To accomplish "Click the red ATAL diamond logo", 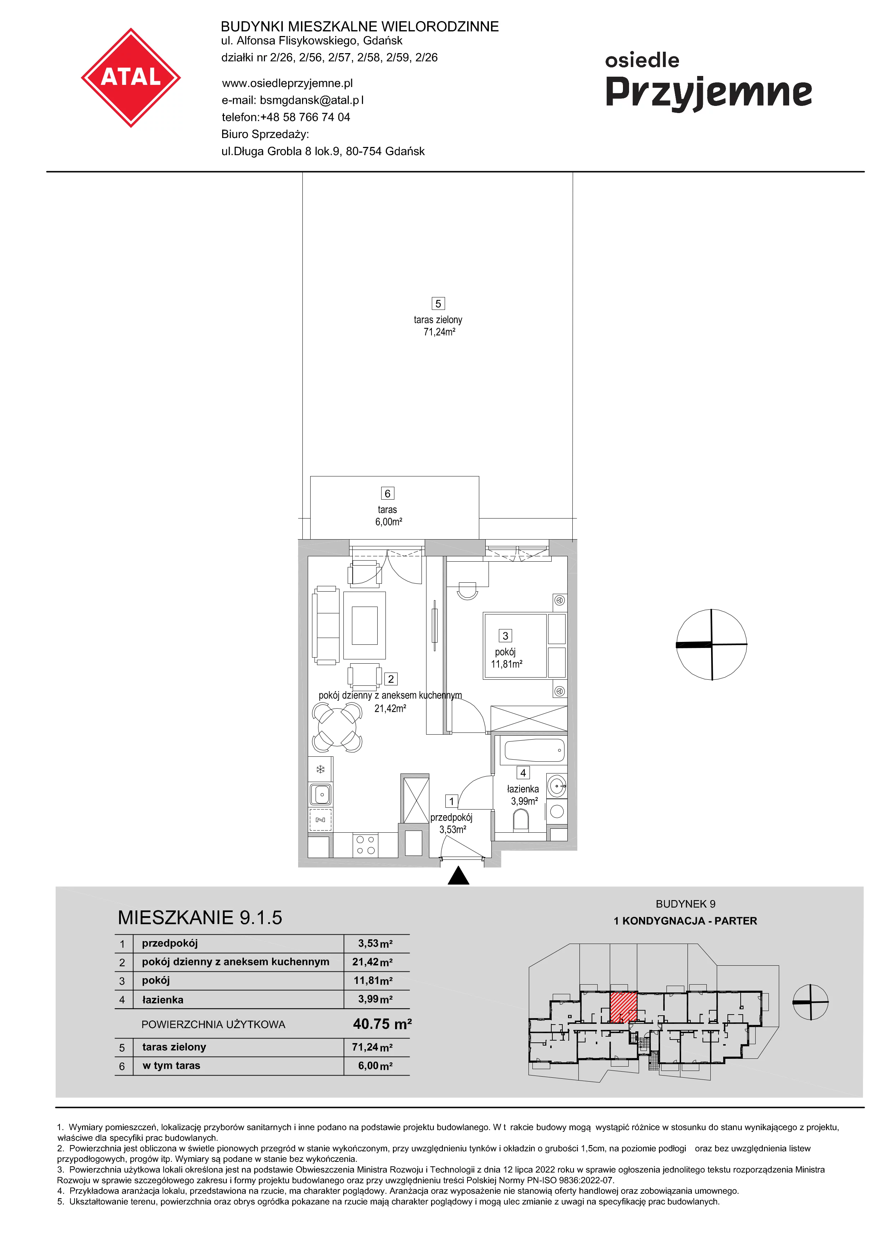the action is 131,78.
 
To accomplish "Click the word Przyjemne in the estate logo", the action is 709,93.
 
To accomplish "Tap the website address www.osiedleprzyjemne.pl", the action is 287,83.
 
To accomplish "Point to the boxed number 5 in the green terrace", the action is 438,303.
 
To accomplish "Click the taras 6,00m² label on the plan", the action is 388,515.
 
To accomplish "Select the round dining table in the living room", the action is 337,727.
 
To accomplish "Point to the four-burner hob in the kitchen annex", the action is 366,845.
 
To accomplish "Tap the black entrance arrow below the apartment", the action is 459,875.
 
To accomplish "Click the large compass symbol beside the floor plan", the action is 711,644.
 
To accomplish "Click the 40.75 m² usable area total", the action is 382,1024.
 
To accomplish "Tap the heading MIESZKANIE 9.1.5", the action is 200,918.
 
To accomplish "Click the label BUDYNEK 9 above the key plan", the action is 685,904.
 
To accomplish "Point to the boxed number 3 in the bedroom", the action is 505,635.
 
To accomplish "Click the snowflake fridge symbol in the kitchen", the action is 320,769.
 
